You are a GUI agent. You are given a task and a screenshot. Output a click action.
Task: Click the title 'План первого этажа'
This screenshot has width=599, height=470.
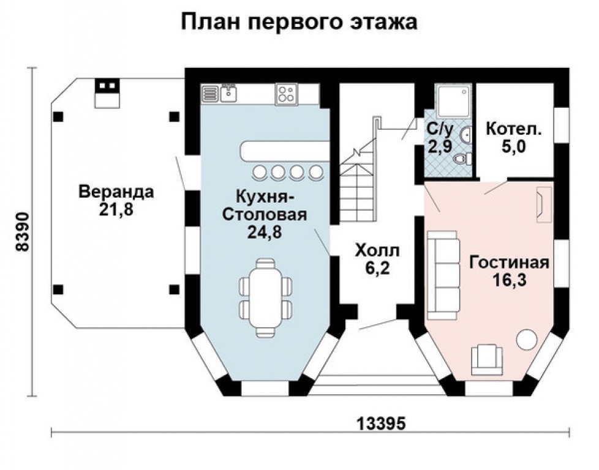point(299,21)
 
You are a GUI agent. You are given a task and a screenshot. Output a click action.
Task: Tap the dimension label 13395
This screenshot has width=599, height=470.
point(380,423)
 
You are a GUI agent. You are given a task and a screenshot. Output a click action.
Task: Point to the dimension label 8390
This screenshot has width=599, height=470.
point(23,232)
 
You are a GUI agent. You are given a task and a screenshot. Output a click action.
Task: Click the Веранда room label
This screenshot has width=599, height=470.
point(116,192)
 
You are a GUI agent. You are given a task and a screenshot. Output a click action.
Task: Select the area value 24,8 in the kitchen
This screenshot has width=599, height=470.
point(265,232)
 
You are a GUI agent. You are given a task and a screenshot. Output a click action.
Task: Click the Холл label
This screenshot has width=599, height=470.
point(377,250)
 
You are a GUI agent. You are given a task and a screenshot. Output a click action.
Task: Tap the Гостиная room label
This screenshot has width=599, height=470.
point(508,263)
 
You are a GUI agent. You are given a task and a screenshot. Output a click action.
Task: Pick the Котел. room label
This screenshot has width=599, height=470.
point(513,130)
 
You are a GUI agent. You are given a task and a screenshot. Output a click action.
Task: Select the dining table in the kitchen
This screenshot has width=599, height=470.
point(266,297)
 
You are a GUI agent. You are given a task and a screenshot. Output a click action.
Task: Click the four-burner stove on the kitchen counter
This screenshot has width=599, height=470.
point(286,94)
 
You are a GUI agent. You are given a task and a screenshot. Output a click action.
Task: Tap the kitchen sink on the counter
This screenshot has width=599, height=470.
point(229,93)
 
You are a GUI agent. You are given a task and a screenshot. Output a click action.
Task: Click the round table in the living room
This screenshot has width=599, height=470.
point(526,340)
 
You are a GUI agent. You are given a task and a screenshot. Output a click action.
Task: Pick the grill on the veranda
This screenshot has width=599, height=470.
point(107,93)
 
